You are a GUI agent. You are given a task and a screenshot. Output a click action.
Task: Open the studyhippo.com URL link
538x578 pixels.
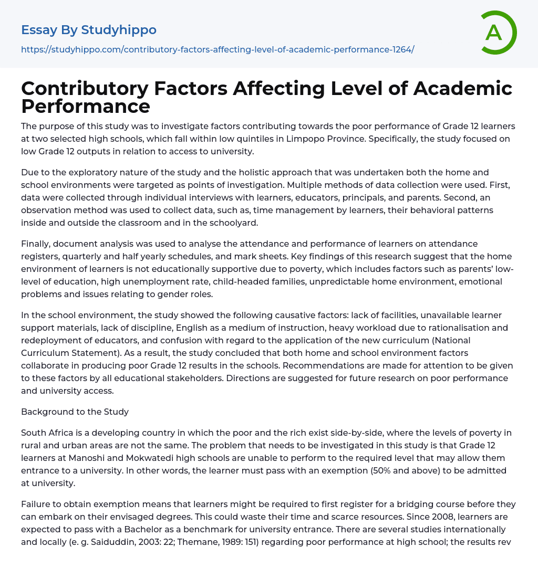[218, 49]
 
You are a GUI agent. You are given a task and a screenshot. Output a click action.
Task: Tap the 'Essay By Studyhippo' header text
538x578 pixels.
[89, 30]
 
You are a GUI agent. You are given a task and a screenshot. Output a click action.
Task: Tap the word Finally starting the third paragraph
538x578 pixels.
[36, 244]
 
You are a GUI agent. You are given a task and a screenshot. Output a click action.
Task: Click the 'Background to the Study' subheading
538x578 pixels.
[75, 412]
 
